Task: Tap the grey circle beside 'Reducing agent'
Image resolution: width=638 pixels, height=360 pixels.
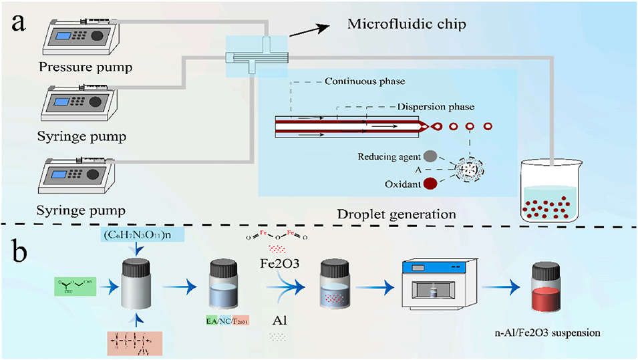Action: [x=430, y=155]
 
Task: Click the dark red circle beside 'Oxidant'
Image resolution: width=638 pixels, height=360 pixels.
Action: [x=430, y=182]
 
